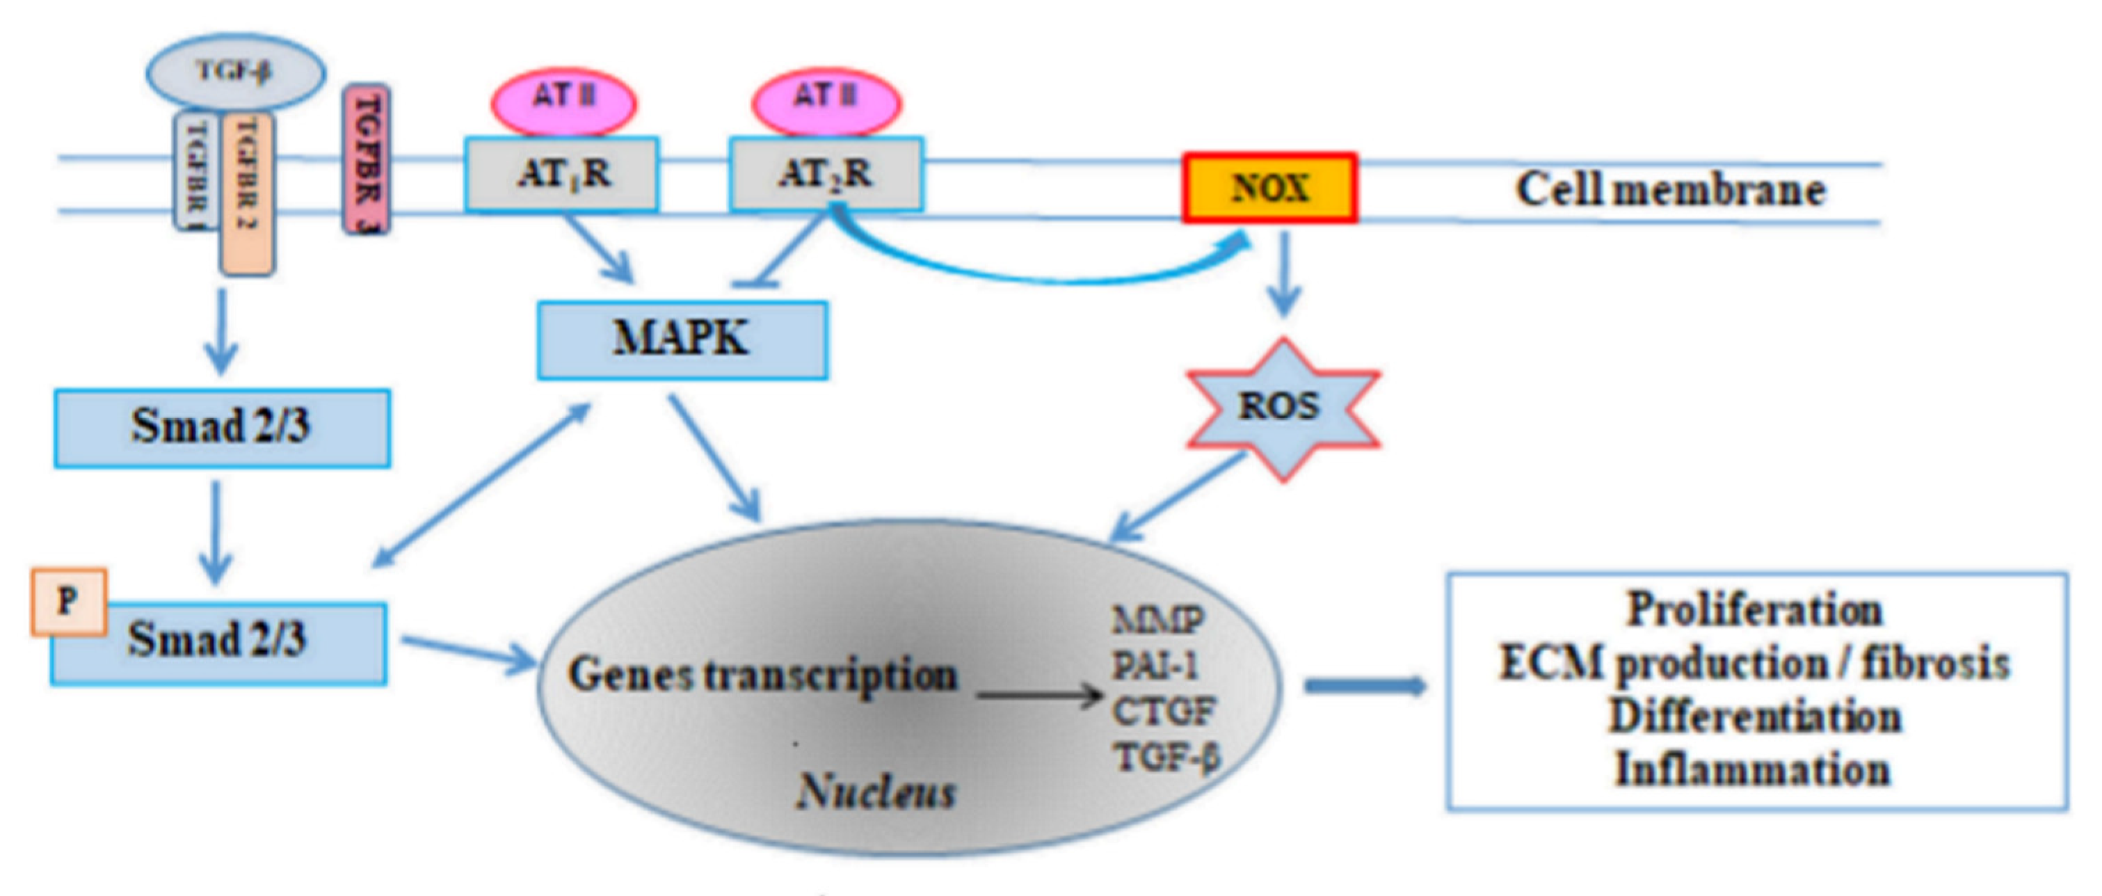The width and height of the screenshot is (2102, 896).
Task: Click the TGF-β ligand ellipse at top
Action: coord(235,72)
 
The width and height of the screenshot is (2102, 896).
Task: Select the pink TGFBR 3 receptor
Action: coord(366,159)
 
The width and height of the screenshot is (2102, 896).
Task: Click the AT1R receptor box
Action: coord(562,173)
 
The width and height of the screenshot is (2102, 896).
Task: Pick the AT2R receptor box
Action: coord(826,173)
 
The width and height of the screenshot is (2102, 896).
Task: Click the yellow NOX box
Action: coord(1269,188)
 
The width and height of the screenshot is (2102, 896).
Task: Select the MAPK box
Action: coord(682,339)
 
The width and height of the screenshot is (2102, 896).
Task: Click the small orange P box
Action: coord(69,602)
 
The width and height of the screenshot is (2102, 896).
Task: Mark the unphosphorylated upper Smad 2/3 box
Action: coord(222,428)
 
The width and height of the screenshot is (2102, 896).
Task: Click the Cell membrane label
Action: coord(1669,189)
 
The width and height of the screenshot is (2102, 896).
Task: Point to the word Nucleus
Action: coord(876,791)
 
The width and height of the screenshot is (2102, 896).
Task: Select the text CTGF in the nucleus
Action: coord(1164,712)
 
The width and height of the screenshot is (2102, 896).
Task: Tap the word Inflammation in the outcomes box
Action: coord(1753,769)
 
